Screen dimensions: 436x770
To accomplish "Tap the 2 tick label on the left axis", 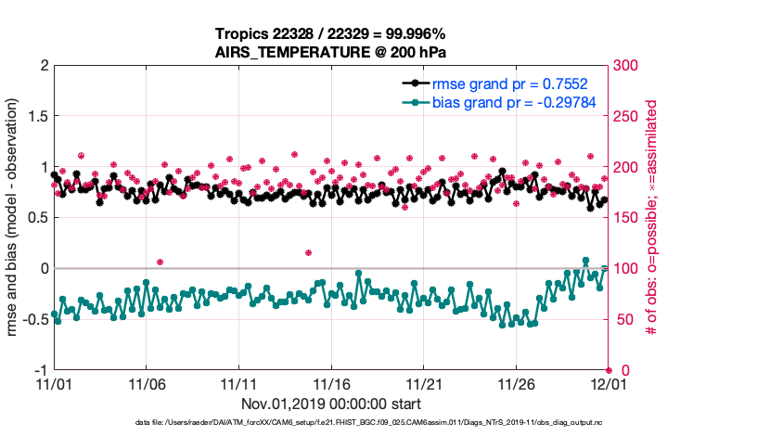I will pos(43,66).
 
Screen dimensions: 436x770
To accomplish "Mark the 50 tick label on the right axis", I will pos(624,319).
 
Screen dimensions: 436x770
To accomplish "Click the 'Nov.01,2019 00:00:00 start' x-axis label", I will pos(331,404).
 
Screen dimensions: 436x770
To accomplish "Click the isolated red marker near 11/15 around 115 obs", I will pos(308,252).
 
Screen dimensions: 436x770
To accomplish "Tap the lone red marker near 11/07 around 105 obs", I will pos(160,263).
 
